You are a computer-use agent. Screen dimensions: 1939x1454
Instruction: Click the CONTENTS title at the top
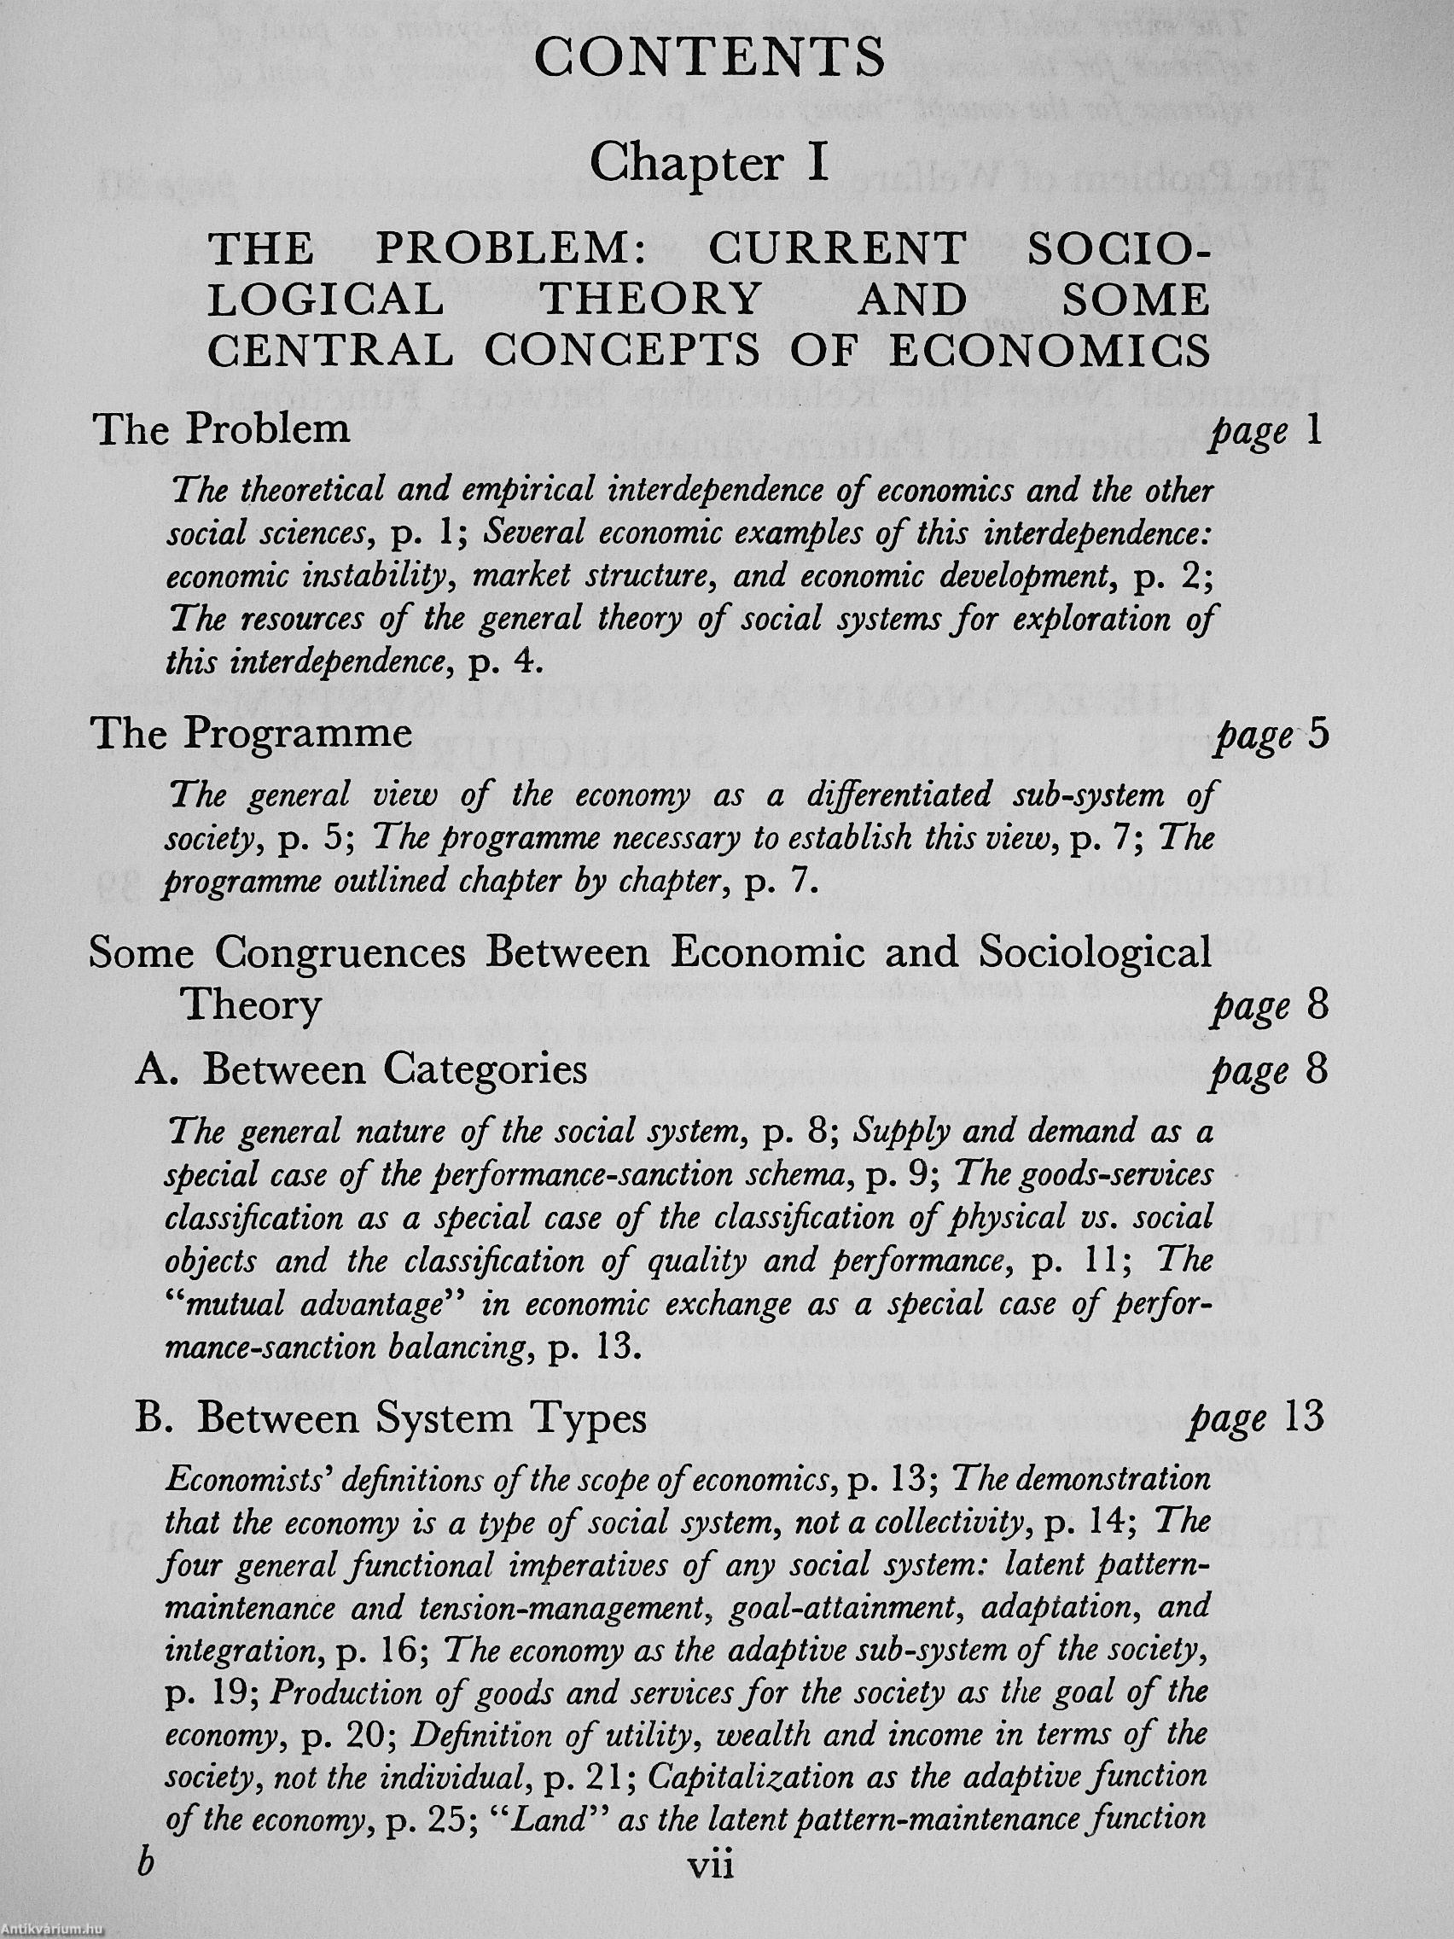(710, 61)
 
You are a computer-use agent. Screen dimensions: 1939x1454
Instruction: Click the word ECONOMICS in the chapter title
(1050, 352)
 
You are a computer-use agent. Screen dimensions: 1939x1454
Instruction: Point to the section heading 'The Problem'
(223, 429)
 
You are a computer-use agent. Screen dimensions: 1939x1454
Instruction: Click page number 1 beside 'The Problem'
(1312, 432)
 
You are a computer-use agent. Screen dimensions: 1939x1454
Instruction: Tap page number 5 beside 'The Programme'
(1317, 735)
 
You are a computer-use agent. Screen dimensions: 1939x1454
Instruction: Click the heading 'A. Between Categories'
(361, 1070)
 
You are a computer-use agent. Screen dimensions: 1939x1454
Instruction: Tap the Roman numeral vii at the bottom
(710, 1889)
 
